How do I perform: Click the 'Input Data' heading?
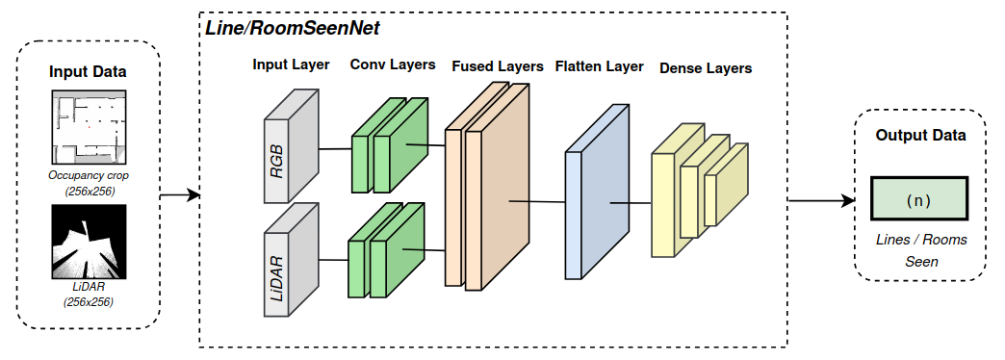[x=89, y=72]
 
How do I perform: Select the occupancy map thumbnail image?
[x=89, y=129]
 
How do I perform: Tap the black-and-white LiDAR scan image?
[x=89, y=244]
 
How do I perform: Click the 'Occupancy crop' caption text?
[x=89, y=176]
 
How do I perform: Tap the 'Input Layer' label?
[x=291, y=65]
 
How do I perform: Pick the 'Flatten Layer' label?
[x=598, y=66]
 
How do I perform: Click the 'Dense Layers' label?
[x=706, y=68]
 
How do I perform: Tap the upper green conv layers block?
[x=389, y=144]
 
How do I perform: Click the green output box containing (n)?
[x=920, y=201]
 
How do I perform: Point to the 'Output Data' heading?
[x=920, y=136]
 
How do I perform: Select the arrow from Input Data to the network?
[x=180, y=196]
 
